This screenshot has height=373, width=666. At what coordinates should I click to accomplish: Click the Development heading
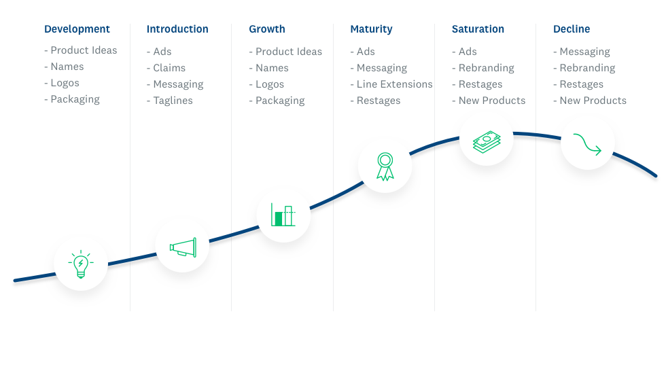tap(77, 29)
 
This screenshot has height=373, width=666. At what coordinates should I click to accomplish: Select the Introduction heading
tap(177, 29)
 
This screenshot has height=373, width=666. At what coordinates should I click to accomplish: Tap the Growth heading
tap(266, 29)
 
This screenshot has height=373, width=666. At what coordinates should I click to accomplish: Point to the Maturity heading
tap(371, 29)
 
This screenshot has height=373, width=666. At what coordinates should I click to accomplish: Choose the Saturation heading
tap(478, 29)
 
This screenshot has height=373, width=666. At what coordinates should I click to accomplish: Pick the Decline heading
tap(572, 29)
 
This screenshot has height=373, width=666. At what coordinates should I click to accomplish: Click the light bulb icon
tap(81, 264)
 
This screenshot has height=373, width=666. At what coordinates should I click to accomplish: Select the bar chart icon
tap(283, 215)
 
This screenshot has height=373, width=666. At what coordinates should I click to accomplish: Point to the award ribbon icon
tap(385, 166)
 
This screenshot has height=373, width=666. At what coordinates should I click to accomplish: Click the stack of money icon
tap(487, 141)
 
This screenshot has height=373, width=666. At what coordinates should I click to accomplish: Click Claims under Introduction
tap(169, 68)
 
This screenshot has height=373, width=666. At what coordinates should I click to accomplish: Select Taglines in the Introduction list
tap(173, 101)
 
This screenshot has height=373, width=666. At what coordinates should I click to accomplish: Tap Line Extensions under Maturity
tap(395, 84)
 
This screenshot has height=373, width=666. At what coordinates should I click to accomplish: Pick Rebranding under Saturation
tap(487, 68)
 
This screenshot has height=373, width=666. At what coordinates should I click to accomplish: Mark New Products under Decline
tap(593, 101)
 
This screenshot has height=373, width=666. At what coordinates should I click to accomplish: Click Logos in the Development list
tap(65, 84)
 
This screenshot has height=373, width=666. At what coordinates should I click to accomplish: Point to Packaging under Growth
tap(280, 101)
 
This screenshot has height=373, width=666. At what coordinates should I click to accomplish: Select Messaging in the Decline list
tap(584, 52)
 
